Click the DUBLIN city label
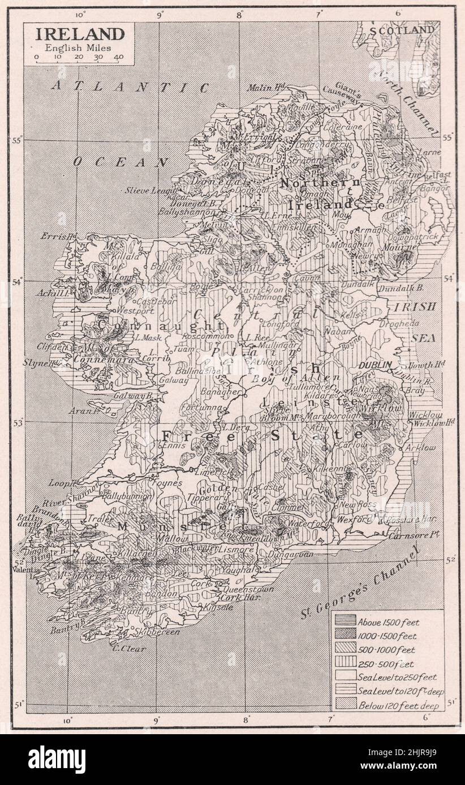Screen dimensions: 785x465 coord(374,365)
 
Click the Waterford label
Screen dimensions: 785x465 coord(308,524)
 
